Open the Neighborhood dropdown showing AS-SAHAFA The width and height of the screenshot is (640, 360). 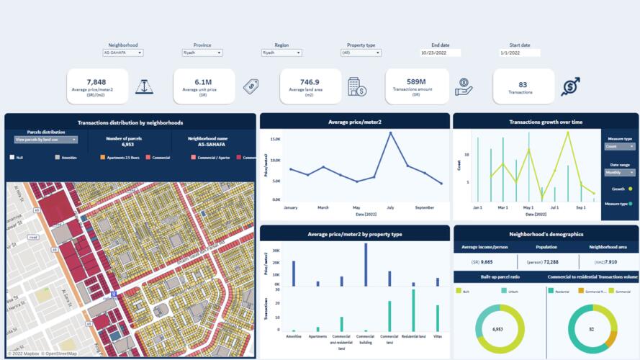click(x=123, y=53)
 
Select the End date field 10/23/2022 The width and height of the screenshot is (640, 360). click(x=441, y=53)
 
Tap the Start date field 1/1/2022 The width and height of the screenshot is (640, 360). click(x=520, y=53)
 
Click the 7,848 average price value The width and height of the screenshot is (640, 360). click(x=96, y=82)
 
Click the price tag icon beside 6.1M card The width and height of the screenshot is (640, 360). click(x=251, y=86)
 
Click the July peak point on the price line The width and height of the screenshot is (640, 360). click(x=390, y=132)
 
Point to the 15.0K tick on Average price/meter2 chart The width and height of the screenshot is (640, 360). click(x=275, y=138)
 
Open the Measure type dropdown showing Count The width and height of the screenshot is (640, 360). click(x=620, y=146)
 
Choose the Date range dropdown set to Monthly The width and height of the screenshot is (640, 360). click(x=620, y=172)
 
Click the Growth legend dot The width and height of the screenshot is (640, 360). click(x=631, y=189)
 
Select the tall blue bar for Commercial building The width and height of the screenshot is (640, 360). click(x=366, y=266)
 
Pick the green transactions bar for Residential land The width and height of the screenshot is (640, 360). click(x=413, y=310)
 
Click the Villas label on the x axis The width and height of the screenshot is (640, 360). click(x=437, y=336)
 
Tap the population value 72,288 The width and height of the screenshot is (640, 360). click(x=548, y=262)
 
